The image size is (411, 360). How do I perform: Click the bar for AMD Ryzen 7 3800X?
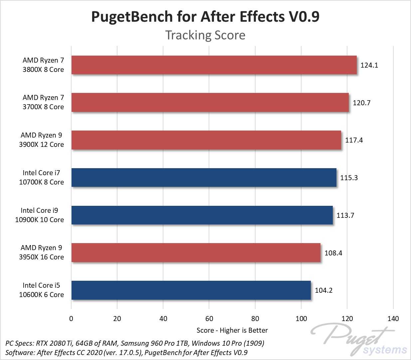click(214, 65)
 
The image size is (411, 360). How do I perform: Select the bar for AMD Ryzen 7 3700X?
click(210, 103)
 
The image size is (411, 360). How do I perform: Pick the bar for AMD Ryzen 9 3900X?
click(206, 140)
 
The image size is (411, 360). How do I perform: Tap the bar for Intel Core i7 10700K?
click(204, 178)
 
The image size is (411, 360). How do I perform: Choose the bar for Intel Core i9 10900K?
click(202, 215)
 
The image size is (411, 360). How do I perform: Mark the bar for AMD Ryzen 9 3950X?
click(196, 253)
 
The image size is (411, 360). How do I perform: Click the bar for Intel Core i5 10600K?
click(191, 290)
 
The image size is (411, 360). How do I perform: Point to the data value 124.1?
click(369, 65)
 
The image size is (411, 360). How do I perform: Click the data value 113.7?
click(345, 215)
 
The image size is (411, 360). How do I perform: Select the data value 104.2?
click(323, 290)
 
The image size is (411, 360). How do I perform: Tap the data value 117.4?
click(354, 140)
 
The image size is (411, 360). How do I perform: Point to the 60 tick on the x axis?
click(209, 319)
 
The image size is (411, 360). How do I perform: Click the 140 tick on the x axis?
click(393, 319)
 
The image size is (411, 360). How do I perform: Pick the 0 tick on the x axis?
click(71, 319)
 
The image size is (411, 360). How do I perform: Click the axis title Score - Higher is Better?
click(232, 330)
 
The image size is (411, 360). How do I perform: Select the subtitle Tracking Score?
click(205, 35)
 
